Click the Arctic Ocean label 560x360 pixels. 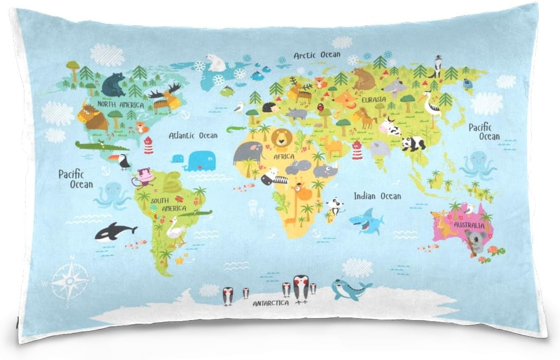(x=317, y=54)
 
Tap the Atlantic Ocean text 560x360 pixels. (x=193, y=135)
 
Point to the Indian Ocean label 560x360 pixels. (x=377, y=196)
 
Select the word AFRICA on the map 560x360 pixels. (x=284, y=156)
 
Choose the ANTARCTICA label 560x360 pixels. (x=271, y=303)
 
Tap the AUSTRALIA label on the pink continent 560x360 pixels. (x=469, y=226)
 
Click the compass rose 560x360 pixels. (x=69, y=281)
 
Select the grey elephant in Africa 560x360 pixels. (x=248, y=154)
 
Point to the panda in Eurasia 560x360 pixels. (x=414, y=143)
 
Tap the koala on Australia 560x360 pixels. (x=475, y=242)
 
